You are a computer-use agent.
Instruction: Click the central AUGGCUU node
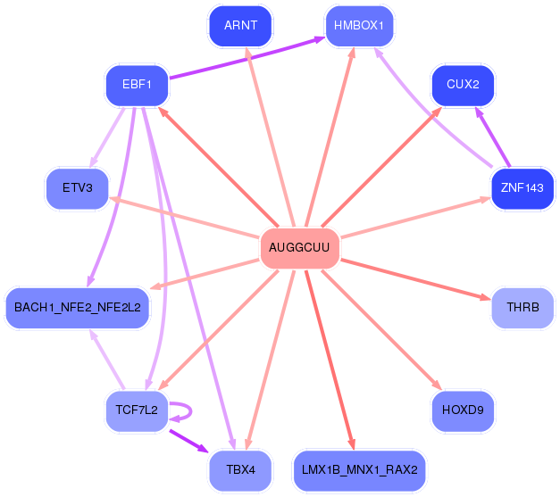tap(299, 248)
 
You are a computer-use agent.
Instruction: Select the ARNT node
tap(240, 26)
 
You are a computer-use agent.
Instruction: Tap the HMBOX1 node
tap(359, 26)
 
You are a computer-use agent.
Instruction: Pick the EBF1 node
tap(137, 85)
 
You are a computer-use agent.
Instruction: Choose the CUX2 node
tap(463, 85)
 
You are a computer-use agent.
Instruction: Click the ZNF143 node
tap(522, 188)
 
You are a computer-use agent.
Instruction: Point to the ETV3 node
tap(78, 188)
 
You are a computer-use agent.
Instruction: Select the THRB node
tap(522, 308)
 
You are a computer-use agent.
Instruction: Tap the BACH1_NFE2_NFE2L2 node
tap(78, 308)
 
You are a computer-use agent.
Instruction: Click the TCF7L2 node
tap(137, 410)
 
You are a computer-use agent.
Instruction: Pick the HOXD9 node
tap(463, 410)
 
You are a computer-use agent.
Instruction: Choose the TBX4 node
tap(240, 470)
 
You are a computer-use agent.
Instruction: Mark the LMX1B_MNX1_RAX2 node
tap(359, 470)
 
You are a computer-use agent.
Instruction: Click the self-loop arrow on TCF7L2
tap(191, 411)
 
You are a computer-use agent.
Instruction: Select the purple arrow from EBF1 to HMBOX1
tap(247, 57)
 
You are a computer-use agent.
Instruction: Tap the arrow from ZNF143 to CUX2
tap(492, 137)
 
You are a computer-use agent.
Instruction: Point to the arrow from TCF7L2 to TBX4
tap(189, 442)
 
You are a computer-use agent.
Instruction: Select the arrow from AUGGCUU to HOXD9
tap(381, 330)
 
